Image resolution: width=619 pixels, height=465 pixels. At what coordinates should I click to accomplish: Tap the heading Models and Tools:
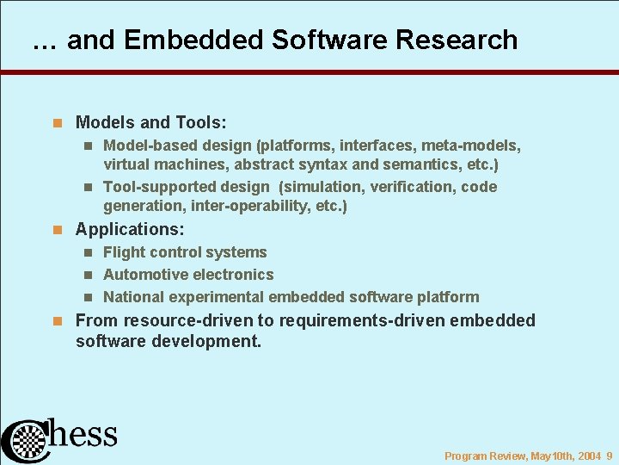[150, 123]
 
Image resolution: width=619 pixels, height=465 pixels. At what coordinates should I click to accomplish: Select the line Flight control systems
[185, 252]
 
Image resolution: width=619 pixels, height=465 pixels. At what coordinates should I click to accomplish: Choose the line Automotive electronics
[188, 275]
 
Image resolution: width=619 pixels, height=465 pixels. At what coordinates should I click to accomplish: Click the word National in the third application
[133, 297]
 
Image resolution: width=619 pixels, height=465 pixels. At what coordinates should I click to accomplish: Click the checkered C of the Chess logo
[26, 441]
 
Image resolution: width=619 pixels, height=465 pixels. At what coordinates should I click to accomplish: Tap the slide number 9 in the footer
[609, 456]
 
